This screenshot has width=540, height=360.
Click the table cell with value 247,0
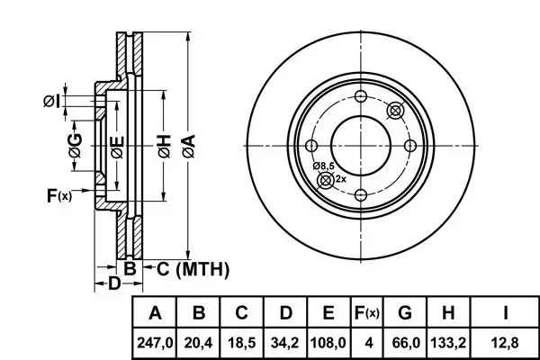155,343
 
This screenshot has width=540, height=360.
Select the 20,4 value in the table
198,343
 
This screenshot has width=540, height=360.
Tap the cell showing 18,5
242,343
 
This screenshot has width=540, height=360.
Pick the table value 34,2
285,343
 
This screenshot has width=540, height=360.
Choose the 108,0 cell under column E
328,343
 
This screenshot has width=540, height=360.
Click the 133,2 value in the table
448,343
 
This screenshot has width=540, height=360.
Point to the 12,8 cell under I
505,343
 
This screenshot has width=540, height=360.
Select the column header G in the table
405,313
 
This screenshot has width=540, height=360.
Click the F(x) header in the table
367,313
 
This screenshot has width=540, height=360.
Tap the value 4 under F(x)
368,343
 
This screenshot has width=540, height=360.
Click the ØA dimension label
189,147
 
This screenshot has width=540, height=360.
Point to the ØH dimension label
165,147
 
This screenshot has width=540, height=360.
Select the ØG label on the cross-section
76,145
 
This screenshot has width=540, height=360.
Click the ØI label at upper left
52,102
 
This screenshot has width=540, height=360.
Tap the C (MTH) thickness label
193,269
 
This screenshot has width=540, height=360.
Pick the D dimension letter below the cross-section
114,283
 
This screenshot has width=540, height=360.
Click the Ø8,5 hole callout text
323,166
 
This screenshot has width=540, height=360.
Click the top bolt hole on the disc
361,96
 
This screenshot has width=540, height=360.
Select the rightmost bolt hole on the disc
410,146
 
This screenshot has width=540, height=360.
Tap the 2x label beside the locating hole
340,179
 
